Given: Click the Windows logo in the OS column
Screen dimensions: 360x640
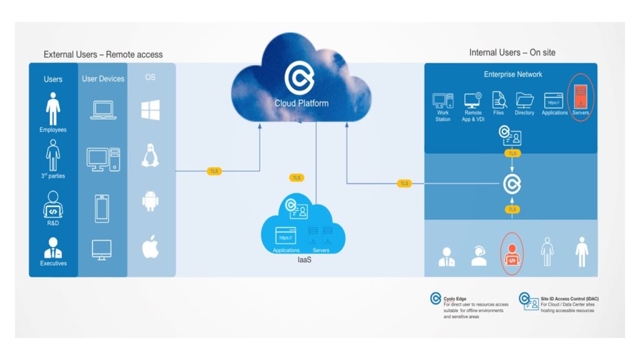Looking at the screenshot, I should pyautogui.click(x=150, y=110).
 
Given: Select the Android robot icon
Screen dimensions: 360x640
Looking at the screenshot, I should pyautogui.click(x=150, y=202).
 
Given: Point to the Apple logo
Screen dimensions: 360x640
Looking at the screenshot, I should pyautogui.click(x=150, y=247).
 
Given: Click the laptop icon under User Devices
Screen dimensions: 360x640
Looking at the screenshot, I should pyautogui.click(x=102, y=110).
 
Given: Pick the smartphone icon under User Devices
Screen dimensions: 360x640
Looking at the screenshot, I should pyautogui.click(x=102, y=208).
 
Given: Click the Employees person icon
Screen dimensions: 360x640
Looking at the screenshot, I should pyautogui.click(x=53, y=109).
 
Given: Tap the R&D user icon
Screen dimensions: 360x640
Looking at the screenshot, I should pyautogui.click(x=53, y=205).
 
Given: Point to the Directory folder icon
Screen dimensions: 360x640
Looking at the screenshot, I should pyautogui.click(x=524, y=100).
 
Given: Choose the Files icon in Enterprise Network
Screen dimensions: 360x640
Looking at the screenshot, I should pyautogui.click(x=498, y=100).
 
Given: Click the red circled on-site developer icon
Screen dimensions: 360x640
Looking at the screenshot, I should pyautogui.click(x=512, y=254).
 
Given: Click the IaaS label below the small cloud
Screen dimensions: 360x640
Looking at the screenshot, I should pyautogui.click(x=304, y=259).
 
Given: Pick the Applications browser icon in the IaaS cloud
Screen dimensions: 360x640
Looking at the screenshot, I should pyautogui.click(x=286, y=236).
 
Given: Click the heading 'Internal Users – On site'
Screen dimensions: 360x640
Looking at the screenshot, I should pyautogui.click(x=512, y=52).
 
